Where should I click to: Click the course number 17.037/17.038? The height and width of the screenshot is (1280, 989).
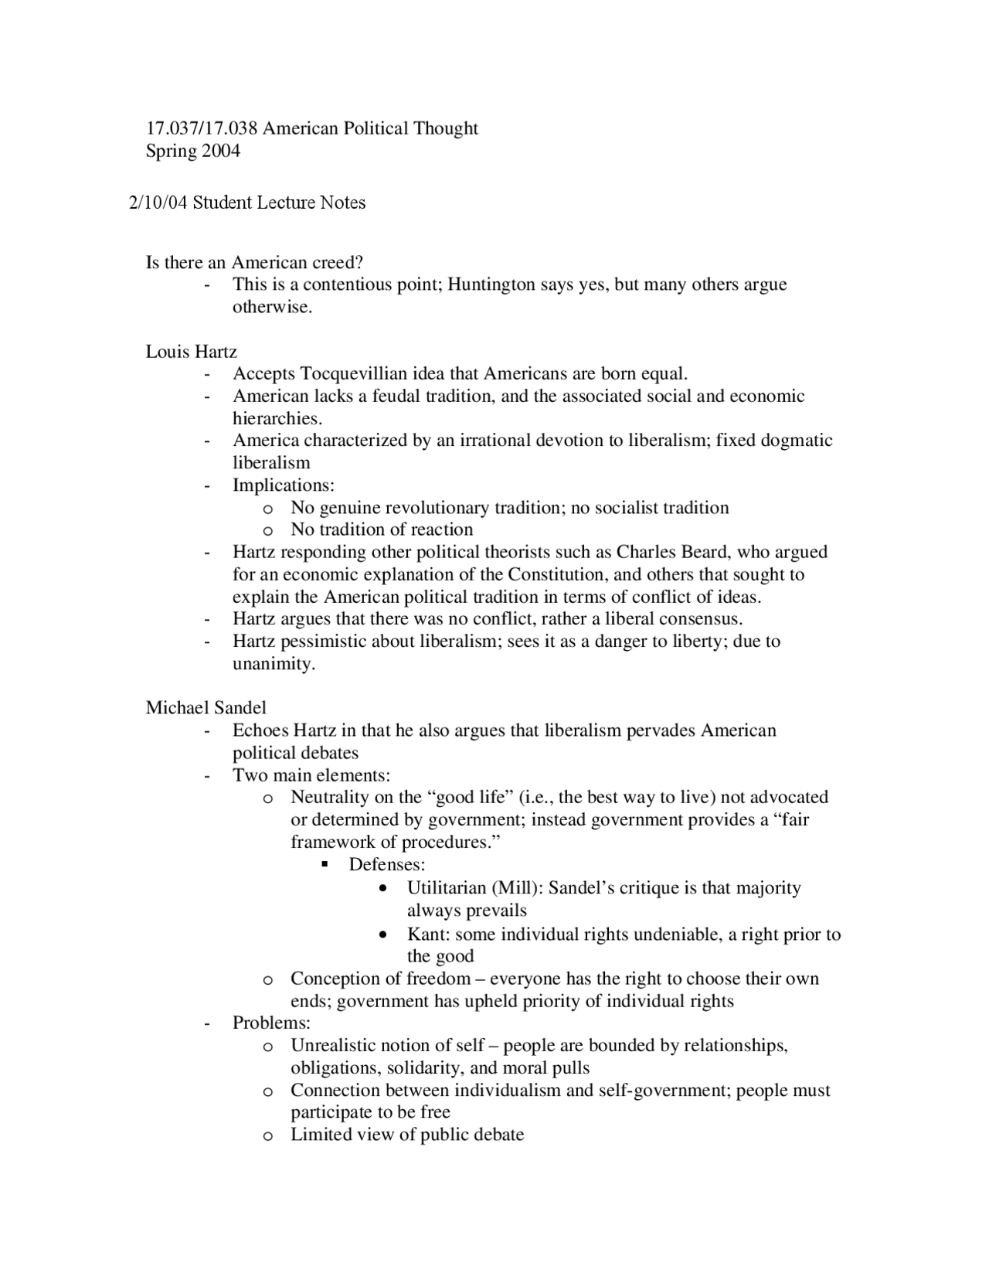point(201,128)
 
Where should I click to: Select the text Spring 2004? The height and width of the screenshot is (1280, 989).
point(192,151)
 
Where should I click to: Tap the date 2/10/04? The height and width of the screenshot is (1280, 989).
point(158,203)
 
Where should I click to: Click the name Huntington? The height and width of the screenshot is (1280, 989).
point(491,284)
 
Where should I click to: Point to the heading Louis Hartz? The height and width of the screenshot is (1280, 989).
point(191,352)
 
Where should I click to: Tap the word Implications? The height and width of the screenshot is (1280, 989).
point(284,485)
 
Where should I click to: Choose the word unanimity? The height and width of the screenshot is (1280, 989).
point(274,664)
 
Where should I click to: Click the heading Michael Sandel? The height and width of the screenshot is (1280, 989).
point(206,708)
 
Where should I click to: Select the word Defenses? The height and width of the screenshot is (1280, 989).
point(387,864)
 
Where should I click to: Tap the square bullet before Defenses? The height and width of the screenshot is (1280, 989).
point(325,864)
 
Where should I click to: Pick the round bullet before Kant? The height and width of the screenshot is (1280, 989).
point(384,935)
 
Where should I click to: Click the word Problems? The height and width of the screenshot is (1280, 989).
point(271,1023)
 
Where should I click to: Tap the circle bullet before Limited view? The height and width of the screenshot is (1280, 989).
point(267,1136)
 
